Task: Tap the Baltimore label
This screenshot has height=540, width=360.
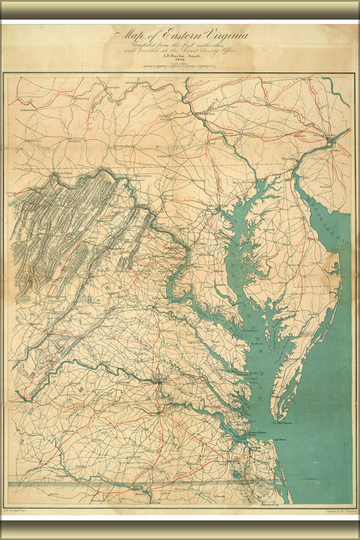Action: pos(219,205)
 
